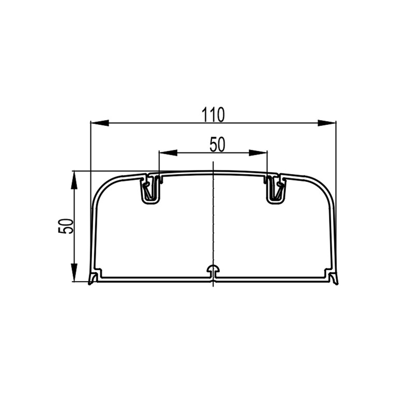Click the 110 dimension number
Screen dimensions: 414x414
point(213,114)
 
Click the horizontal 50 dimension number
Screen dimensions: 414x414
point(217,145)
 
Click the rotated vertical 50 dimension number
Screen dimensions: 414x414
point(66,226)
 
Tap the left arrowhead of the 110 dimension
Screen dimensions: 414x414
point(99,123)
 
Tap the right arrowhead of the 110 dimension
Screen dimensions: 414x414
point(327,123)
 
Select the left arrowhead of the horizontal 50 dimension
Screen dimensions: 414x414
point(168,153)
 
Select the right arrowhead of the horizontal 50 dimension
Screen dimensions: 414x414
point(258,153)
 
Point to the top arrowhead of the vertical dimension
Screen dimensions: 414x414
point(75,180)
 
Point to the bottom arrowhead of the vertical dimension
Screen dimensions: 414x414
point(75,273)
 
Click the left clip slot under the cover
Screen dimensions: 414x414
point(151,189)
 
